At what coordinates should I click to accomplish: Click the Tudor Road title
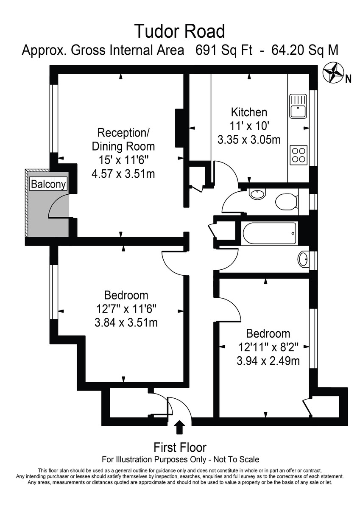180,31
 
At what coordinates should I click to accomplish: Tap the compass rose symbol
333,73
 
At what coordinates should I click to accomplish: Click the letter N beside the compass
348,78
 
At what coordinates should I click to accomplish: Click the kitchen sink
298,106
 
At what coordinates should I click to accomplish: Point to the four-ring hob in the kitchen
298,154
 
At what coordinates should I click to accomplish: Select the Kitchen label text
249,112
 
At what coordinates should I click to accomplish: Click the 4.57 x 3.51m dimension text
123,173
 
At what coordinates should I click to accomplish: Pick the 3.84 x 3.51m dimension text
126,322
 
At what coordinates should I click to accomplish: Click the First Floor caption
180,447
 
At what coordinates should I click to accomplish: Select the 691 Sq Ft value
224,50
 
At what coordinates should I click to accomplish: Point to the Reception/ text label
123,132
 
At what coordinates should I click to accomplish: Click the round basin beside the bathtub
303,259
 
